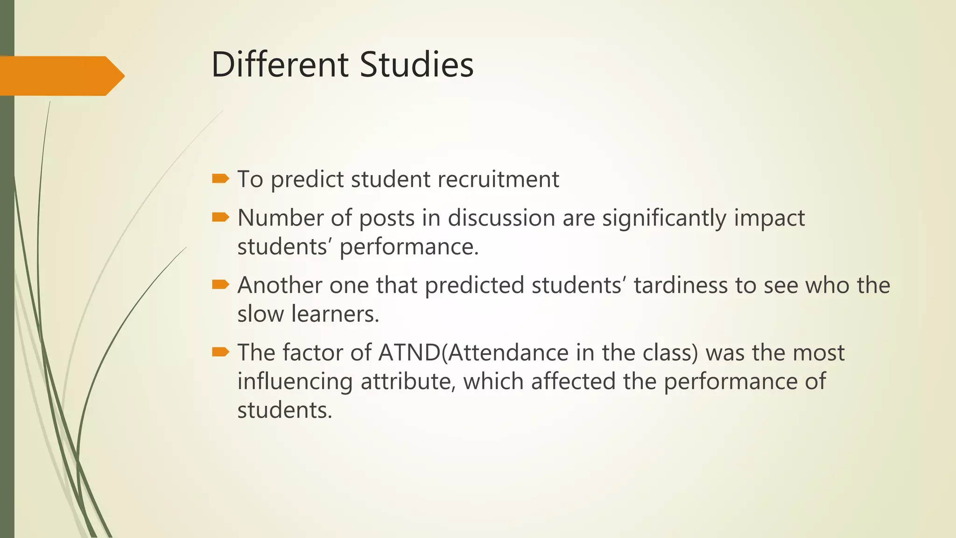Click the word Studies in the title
point(417,64)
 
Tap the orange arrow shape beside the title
point(61,76)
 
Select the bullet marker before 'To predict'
point(220,178)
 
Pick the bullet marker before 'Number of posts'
point(220,217)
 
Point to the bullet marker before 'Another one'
point(220,284)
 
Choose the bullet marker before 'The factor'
point(220,352)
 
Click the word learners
point(335,314)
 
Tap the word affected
point(573,382)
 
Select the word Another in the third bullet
point(280,285)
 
